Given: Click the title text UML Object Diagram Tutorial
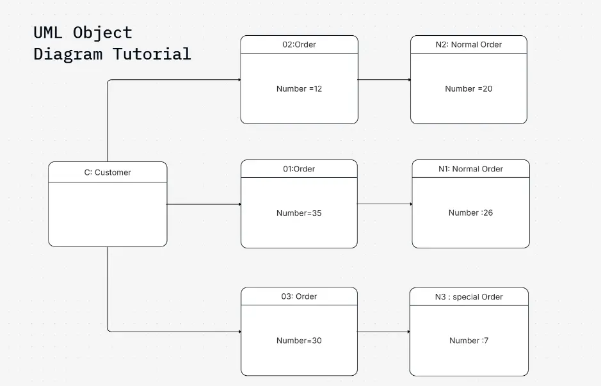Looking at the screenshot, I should point(112,43).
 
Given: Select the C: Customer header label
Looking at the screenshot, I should point(108,172).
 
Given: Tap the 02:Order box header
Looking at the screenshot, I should point(299,45).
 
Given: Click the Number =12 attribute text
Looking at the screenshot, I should point(299,89).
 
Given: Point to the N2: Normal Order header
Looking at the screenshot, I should point(469,45).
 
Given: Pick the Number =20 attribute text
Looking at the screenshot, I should point(469,89).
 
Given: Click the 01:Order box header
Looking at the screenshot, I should point(299,169).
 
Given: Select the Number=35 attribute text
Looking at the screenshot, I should point(299,213).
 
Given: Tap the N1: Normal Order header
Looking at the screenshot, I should point(470,169).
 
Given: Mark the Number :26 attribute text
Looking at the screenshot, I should point(470,213).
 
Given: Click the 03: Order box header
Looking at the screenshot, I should point(299,297).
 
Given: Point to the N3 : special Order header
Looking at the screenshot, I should point(469,297).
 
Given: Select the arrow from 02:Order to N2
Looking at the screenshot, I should point(384,80).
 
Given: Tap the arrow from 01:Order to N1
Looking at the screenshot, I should point(384,204).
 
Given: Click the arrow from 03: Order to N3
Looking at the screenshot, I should point(383,332).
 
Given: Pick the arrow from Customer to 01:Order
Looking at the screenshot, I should point(204,204).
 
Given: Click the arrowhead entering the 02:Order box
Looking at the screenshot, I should point(239,80).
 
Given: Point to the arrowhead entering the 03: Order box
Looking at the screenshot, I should point(239,332).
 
